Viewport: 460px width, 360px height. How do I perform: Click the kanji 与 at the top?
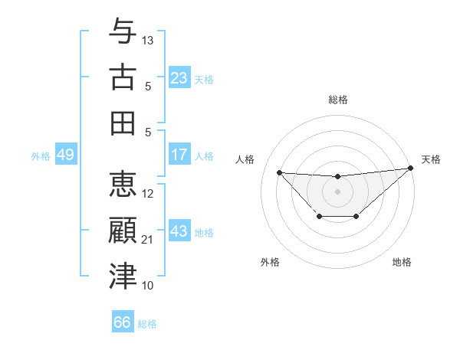pos(123,32)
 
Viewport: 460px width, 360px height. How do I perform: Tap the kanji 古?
pos(123,77)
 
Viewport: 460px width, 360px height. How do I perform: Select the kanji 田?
pos(123,123)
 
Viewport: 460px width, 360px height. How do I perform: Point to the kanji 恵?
pos(123,185)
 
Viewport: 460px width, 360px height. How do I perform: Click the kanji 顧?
pos(123,231)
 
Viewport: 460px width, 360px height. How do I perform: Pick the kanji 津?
pos(123,277)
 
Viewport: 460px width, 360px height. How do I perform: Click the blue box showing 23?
pos(179,78)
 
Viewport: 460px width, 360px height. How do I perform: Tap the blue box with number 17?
pos(179,155)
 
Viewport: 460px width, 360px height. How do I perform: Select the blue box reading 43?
pos(179,231)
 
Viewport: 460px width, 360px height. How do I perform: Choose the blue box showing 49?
pos(65,155)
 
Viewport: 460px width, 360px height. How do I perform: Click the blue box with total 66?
pos(123,322)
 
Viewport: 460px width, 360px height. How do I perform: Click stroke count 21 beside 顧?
pos(149,240)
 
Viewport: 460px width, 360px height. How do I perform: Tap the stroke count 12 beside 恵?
pos(149,194)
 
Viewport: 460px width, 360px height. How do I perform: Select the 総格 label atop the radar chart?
pos(338,100)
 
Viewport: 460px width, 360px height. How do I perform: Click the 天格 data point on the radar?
pos(412,169)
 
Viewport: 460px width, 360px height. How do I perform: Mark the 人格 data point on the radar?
pos(279,172)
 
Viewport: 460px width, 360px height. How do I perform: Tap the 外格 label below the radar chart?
pos(270,262)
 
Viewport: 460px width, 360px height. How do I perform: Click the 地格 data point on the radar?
pos(356,218)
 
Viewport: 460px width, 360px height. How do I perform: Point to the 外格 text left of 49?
pos(41,155)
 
